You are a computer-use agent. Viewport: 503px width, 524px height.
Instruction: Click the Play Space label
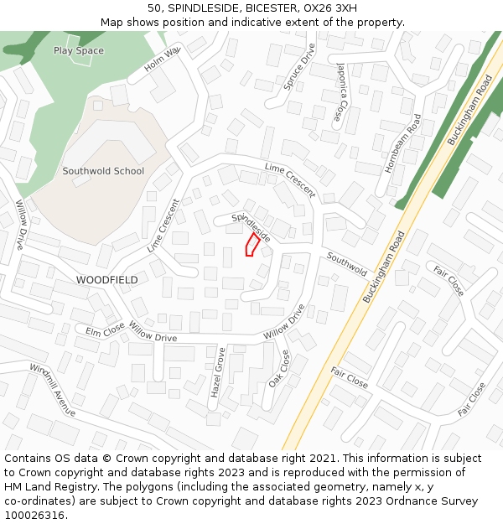tap(79, 50)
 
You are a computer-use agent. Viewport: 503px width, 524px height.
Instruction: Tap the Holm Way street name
tap(162, 59)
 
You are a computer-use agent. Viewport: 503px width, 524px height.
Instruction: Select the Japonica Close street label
tap(340, 91)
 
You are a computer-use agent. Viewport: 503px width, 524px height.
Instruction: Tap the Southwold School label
tap(103, 171)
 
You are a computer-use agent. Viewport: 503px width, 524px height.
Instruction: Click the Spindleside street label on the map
tap(251, 227)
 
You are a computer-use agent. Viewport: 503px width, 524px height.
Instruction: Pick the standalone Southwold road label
tap(347, 264)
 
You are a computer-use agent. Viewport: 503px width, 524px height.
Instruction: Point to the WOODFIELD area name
tap(106, 279)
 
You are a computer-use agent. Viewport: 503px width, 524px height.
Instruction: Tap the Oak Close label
tap(279, 368)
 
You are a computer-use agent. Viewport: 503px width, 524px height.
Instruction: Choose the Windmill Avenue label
tap(52, 390)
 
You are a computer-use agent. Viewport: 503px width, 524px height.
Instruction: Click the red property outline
tap(251, 245)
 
